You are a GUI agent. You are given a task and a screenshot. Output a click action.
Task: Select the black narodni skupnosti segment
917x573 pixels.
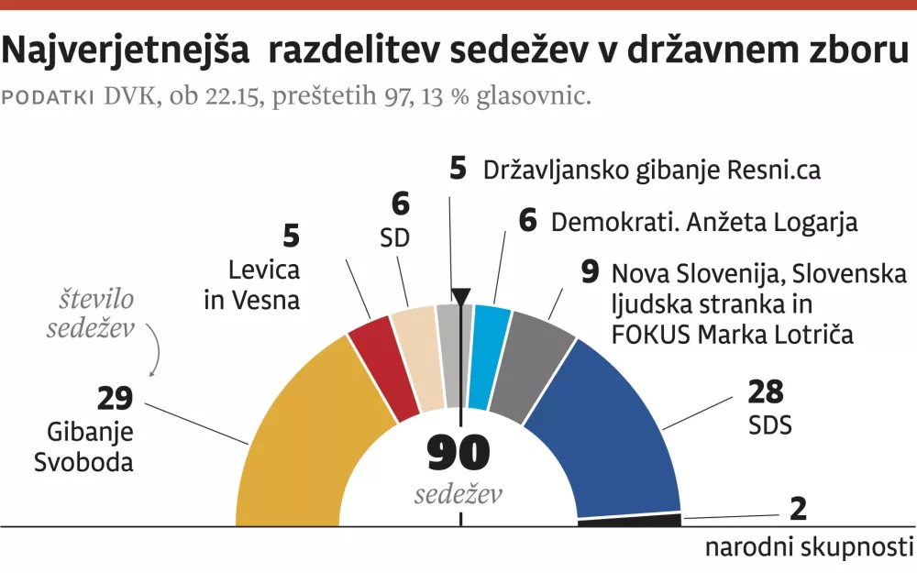[631, 520]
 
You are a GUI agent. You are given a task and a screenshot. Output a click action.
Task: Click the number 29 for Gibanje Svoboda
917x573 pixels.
[116, 399]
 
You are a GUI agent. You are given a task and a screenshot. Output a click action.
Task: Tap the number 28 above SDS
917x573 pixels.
[765, 393]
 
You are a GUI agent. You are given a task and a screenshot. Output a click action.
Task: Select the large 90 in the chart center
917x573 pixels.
[458, 454]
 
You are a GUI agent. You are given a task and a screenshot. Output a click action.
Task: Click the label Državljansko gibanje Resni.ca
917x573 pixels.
[651, 170]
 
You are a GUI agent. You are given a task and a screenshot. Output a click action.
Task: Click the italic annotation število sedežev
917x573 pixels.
[91, 314]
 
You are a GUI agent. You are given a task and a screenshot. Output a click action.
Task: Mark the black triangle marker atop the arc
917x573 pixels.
[460, 296]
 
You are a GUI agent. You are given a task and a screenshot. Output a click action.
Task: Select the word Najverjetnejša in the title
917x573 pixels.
[127, 52]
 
